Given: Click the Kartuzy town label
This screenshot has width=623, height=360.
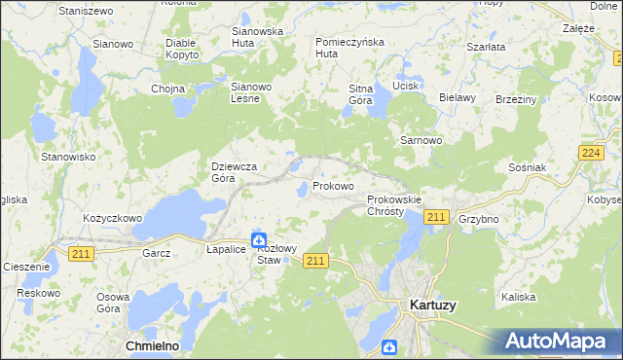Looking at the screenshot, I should coord(428,305).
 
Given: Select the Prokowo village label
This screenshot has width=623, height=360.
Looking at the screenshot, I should coord(333,185).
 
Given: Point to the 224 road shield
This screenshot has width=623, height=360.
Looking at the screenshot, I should coord(589,153).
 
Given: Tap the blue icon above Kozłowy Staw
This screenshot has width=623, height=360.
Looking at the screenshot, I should coord(259,239).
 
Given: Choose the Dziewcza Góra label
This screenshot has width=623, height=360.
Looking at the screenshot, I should coord(235,172).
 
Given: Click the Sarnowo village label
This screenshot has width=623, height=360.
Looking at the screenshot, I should coord(421,140).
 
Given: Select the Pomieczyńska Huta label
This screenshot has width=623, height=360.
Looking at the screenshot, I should coord(350,48).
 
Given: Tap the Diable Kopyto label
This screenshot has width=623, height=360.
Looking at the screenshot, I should coord(182,49).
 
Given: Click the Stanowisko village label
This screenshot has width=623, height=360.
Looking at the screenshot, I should coord(67,156).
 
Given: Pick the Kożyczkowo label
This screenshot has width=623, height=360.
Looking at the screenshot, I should coord(112,218).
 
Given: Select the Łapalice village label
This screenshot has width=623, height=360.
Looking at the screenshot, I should coord(226,250).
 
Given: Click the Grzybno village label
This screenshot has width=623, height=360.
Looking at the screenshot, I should coord(478,219).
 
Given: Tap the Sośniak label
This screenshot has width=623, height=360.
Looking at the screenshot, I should coord(528,167).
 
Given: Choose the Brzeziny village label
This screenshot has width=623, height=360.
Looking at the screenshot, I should coord(516,99).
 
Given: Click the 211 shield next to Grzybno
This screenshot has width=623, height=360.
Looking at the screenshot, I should coord(436,217).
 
